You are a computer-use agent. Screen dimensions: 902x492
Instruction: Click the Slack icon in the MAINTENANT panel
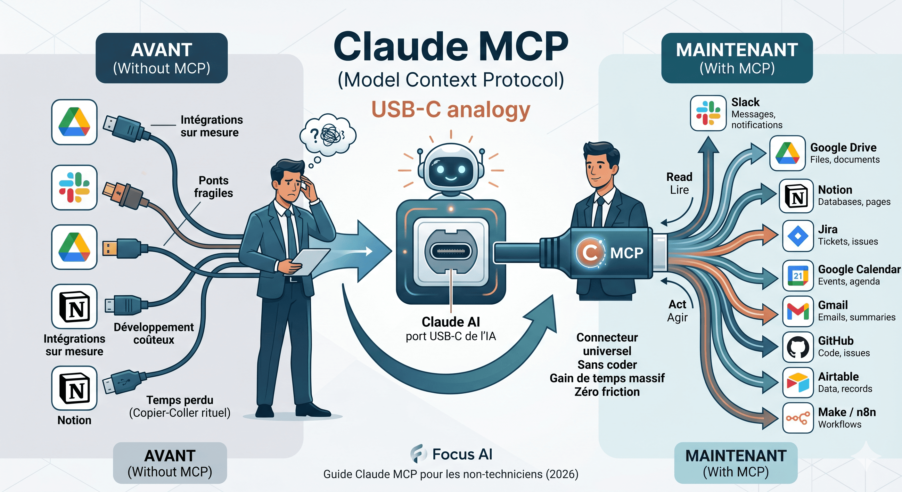coord(708,113)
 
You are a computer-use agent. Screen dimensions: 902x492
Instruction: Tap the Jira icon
coord(798,236)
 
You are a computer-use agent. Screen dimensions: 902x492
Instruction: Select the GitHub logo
coord(798,347)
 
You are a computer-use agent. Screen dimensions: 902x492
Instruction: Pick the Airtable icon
coord(798,382)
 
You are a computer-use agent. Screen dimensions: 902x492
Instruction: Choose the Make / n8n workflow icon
coord(798,418)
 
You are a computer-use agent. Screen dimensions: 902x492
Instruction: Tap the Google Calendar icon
coord(798,275)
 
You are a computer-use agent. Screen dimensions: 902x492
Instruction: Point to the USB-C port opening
coord(451,251)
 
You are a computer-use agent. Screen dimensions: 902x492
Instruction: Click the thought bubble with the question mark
coord(328,135)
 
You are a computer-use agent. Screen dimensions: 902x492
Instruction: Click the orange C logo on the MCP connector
coord(590,252)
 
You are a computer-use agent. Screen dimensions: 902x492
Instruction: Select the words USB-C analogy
coord(451,110)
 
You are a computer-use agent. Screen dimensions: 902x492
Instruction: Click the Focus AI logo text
coord(462,454)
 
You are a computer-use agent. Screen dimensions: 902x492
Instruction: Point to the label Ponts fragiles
coord(214,187)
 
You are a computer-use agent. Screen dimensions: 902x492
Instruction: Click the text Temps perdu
coord(180,400)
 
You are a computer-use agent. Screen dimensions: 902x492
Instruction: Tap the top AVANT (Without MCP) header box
coord(161,58)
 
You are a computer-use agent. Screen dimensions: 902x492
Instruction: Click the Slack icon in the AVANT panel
coord(74,187)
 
